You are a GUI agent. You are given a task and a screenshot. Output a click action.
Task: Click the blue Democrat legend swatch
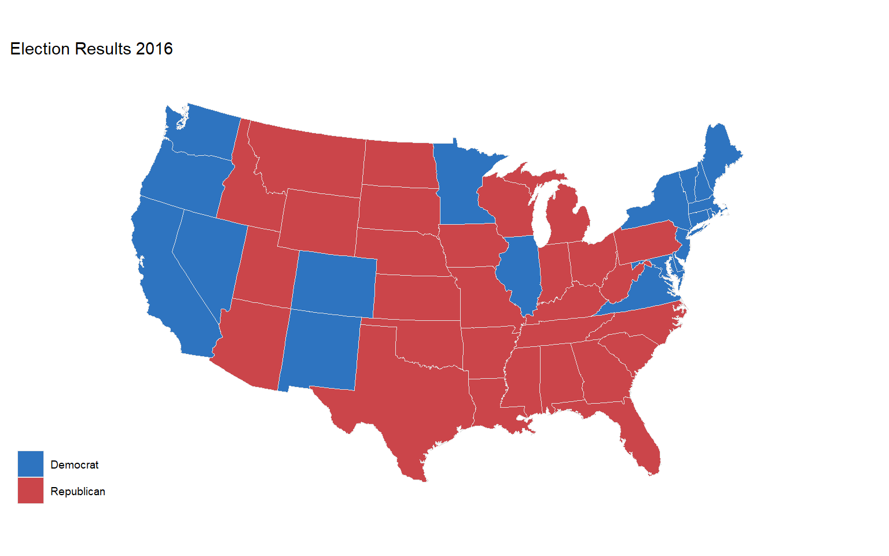click(30, 464)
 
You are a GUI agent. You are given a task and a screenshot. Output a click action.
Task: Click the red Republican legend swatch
click(30, 491)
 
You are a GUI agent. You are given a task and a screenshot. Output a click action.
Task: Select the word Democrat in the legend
click(74, 464)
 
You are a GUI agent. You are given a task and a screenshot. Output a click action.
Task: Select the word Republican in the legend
click(78, 491)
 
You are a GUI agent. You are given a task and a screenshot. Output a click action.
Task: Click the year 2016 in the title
click(154, 49)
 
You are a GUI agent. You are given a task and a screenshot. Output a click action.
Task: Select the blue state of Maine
click(721, 153)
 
